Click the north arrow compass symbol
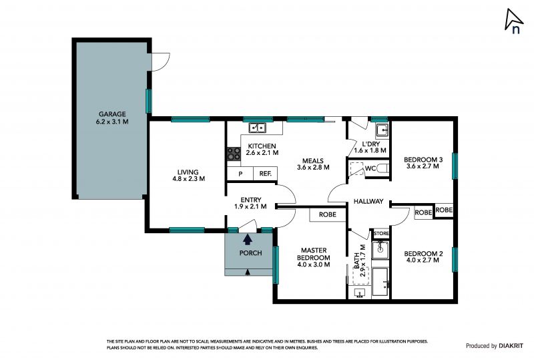[x=513, y=21]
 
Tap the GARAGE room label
[x=112, y=114]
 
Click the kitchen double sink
[x=258, y=128]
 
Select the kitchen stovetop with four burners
[x=234, y=154]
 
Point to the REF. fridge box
[x=265, y=174]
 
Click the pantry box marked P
[x=240, y=174]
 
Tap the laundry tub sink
[x=382, y=130]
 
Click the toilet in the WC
[x=382, y=168]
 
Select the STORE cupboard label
[x=381, y=234]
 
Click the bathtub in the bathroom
[x=380, y=282]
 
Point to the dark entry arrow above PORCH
[x=248, y=239]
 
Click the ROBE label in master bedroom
[x=328, y=214]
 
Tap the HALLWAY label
[x=368, y=202]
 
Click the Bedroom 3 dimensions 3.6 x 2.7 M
[x=423, y=166]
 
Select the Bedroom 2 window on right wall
[x=455, y=259]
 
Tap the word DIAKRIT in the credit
[x=511, y=346]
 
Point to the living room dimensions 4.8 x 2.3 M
[x=189, y=178]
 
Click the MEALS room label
[x=313, y=160]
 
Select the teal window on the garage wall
[x=148, y=101]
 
